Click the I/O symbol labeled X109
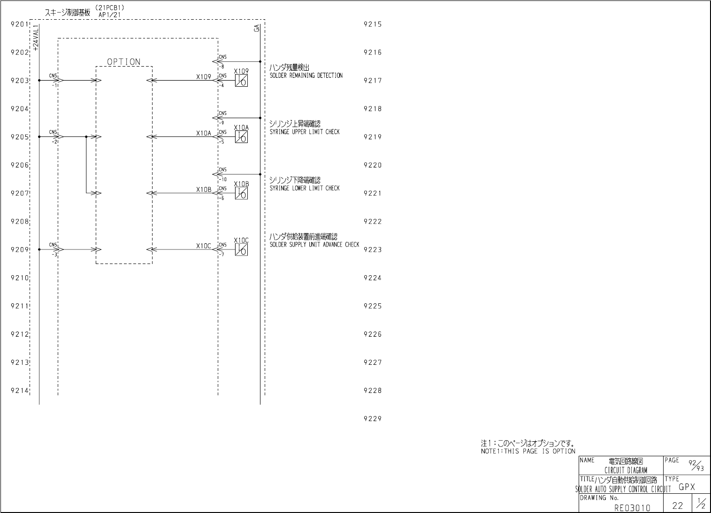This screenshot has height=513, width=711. (x=241, y=81)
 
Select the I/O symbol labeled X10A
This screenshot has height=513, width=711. (x=241, y=137)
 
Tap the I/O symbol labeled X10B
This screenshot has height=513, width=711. (x=241, y=193)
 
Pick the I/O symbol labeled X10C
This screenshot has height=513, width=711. (x=241, y=249)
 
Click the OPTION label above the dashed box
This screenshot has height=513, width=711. (x=124, y=62)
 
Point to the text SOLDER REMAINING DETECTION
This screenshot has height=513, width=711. (x=306, y=75)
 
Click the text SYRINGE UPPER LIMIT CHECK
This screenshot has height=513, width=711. (x=305, y=132)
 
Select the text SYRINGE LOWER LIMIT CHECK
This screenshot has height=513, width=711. (x=305, y=188)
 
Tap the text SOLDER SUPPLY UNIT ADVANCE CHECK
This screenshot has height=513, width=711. (x=314, y=244)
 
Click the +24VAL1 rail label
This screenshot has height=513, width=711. (x=36, y=38)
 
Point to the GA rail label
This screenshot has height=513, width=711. (x=256, y=28)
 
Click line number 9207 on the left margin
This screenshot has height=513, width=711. (x=20, y=193)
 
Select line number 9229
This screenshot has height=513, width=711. (x=373, y=419)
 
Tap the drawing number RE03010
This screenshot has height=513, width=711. (x=632, y=507)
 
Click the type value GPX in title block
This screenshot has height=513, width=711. (x=687, y=487)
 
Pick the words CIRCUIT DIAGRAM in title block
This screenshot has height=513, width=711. (x=626, y=470)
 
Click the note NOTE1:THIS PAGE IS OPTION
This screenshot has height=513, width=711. (x=528, y=451)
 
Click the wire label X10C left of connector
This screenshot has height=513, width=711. (x=204, y=246)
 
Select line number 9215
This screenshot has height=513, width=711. (x=373, y=24)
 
